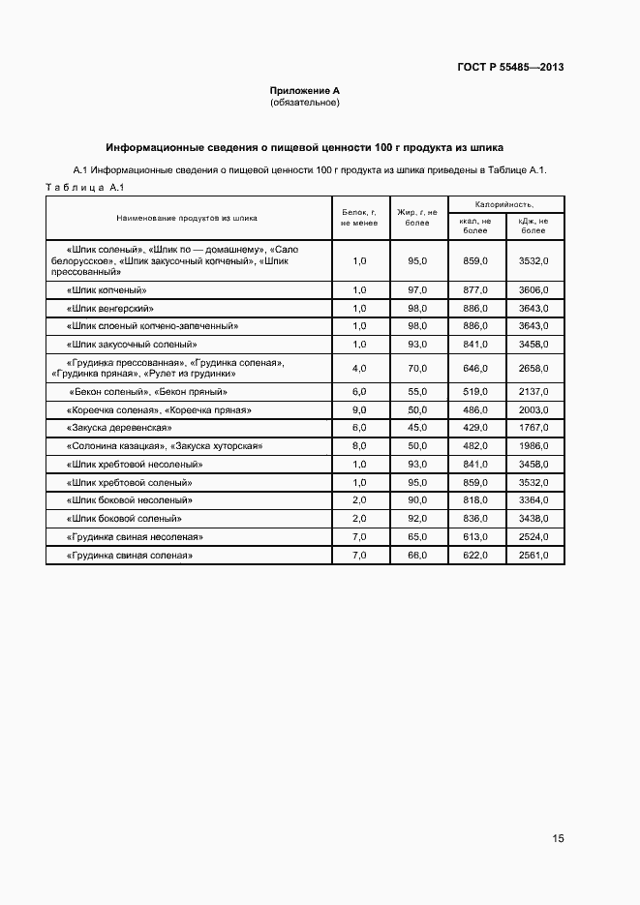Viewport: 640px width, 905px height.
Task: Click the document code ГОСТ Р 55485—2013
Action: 510,67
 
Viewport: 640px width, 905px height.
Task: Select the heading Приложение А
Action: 304,90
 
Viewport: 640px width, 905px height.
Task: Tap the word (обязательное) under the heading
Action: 304,102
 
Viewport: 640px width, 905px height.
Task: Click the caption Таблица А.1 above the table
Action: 81,187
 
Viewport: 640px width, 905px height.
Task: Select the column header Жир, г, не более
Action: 417,217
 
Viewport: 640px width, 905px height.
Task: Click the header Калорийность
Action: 505,204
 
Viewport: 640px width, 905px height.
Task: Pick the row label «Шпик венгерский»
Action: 106,308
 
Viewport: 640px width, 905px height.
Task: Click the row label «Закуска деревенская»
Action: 119,427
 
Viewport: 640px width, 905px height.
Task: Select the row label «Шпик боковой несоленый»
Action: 130,499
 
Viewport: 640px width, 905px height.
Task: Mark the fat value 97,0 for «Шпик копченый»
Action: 417,289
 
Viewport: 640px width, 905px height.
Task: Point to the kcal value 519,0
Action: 475,391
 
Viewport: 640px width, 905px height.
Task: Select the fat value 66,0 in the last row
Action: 417,555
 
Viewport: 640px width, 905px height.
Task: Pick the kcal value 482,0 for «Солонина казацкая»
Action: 475,445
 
